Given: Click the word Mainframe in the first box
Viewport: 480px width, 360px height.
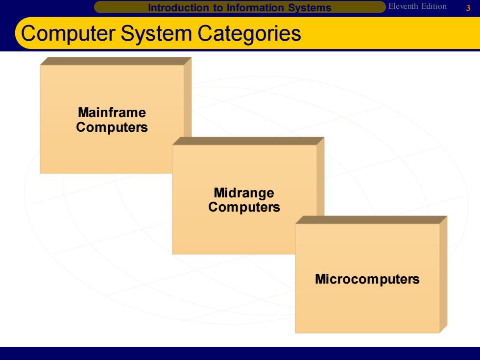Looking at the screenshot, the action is [112, 112].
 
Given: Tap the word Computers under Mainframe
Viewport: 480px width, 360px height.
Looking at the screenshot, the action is [112, 127].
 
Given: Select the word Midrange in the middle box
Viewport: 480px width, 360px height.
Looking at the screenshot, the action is [244, 193].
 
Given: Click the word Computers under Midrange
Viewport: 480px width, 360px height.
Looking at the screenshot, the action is [244, 207].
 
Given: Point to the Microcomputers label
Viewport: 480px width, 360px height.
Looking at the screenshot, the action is [367, 279].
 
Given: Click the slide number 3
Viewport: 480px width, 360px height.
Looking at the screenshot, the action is [468, 8].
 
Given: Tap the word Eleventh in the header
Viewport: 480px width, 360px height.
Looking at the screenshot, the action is [403, 6].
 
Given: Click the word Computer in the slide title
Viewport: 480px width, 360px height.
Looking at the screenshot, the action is [68, 33].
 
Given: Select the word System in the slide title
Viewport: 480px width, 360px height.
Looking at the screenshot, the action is [156, 34].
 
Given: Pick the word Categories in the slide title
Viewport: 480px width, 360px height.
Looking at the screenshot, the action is [249, 34].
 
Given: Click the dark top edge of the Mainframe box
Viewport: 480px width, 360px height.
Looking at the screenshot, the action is [116, 61].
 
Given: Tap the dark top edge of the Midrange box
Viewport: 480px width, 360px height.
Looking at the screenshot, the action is [248, 141].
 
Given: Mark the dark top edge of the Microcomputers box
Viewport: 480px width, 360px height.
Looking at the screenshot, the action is [371, 220].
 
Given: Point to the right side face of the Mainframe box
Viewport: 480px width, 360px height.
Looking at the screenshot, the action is [188, 97].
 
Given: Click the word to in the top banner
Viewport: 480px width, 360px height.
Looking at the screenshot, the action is [218, 8].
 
